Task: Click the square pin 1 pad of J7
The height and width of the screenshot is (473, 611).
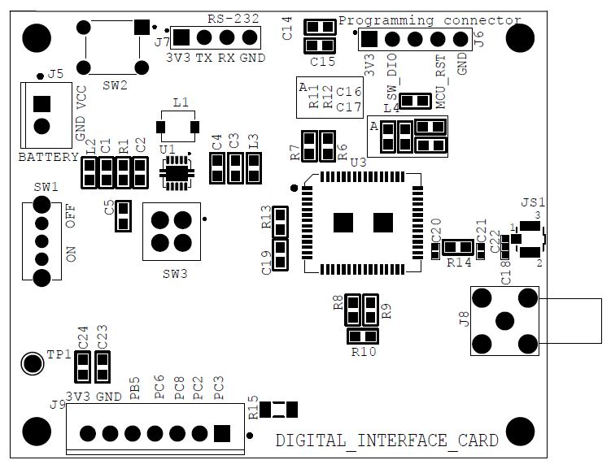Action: [181, 37]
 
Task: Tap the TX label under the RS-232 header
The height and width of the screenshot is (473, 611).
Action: [203, 58]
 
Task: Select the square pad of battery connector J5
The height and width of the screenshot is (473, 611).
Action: [41, 104]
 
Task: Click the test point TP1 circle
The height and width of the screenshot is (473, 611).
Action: [32, 363]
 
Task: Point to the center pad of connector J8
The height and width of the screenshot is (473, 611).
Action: [504, 321]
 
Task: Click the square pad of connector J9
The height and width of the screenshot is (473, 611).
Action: [222, 433]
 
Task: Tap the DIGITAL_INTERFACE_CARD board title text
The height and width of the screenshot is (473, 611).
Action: [387, 440]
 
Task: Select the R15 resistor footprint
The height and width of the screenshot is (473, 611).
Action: [278, 410]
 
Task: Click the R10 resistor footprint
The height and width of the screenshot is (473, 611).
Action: [363, 336]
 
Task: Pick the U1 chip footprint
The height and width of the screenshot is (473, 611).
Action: [177, 173]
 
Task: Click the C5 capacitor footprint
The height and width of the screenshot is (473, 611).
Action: [123, 216]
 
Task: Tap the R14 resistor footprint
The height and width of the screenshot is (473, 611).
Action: [458, 247]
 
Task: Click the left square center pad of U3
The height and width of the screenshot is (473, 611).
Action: [343, 223]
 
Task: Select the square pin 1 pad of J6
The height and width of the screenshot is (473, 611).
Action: [369, 39]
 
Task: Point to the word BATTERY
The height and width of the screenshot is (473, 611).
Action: [49, 157]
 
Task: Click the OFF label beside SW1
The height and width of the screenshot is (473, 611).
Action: [71, 216]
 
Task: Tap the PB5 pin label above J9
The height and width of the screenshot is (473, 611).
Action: [134, 388]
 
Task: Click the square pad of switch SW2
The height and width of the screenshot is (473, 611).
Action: [142, 27]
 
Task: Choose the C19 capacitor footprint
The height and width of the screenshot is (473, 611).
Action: [280, 255]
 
